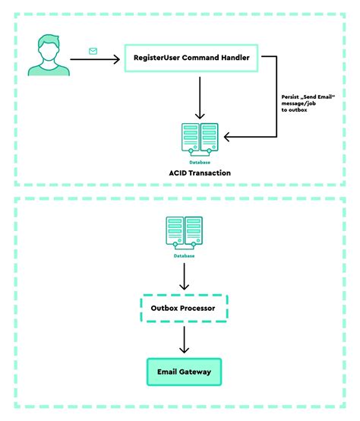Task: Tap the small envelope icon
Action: tap(93, 51)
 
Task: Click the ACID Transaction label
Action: tap(200, 173)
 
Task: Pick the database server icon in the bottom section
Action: tap(182, 233)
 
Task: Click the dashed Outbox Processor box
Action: tap(183, 309)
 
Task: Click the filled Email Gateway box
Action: tap(183, 372)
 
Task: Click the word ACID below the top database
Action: tap(179, 173)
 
